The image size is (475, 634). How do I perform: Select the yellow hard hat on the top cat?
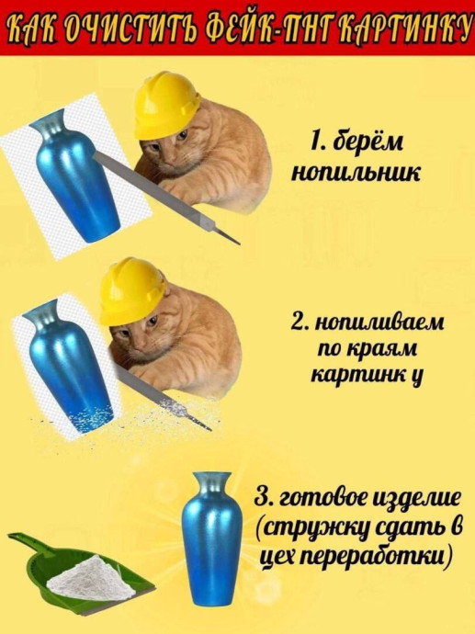[166, 105]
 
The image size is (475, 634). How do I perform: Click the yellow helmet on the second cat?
[132, 290]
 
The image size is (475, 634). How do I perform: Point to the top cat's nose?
[170, 161]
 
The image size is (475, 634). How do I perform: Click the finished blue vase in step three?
[212, 538]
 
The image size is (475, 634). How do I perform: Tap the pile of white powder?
[90, 577]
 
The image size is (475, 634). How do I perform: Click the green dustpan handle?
[25, 542]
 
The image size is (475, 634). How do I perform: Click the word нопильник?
[356, 173]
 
